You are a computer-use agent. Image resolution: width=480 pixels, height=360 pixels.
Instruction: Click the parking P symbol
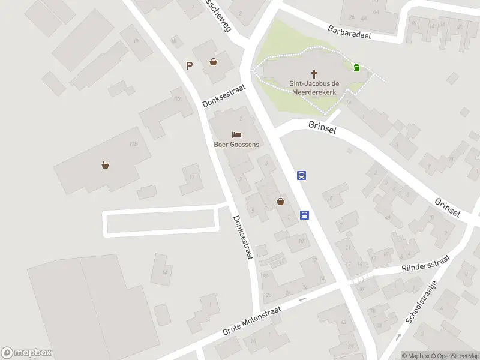[190, 66]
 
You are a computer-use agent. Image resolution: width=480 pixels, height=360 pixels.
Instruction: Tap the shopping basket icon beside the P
[213, 62]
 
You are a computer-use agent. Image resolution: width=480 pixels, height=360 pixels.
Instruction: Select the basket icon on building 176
[106, 165]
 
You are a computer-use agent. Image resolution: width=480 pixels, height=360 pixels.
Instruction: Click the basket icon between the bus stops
[280, 202]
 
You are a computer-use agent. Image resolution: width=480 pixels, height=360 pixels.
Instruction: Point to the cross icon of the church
[313, 73]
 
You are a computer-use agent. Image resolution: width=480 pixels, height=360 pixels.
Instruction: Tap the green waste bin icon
[357, 67]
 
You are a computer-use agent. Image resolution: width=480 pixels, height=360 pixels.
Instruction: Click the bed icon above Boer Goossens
[236, 134]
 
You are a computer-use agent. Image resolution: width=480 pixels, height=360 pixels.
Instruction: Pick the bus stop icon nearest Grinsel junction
[302, 176]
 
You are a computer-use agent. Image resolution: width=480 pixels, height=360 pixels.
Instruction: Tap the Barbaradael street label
[349, 32]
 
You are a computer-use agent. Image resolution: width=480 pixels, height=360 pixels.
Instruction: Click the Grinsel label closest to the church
[323, 127]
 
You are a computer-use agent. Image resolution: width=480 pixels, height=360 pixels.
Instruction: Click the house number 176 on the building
[133, 143]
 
